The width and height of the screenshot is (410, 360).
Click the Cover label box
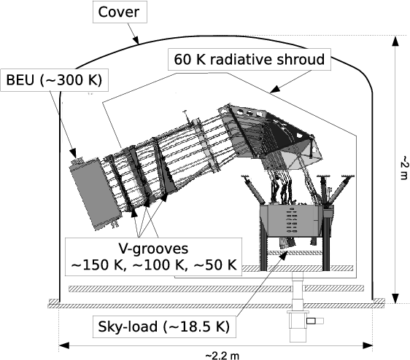click(x=120, y=12)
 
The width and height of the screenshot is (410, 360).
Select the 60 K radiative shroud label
click(x=250, y=59)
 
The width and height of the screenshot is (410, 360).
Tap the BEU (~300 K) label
click(x=54, y=80)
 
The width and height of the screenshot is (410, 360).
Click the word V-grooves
click(x=153, y=249)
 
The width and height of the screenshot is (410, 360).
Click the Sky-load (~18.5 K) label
click(x=164, y=326)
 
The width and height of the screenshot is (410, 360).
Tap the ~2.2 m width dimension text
click(x=223, y=356)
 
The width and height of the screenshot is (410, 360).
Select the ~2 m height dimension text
click(x=404, y=168)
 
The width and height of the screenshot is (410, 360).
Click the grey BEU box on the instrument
click(x=96, y=193)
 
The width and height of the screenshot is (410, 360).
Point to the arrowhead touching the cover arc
click(x=136, y=40)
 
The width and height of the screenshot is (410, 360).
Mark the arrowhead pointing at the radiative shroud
click(x=275, y=90)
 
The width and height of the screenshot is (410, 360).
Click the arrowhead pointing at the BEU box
click(x=73, y=153)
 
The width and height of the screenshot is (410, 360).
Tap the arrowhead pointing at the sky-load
click(x=283, y=255)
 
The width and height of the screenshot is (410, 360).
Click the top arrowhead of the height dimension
click(x=395, y=42)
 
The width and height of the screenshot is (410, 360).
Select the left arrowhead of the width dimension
click(x=64, y=346)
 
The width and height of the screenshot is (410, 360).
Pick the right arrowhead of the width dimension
click(x=367, y=346)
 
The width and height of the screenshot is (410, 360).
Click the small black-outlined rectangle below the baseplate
click(x=311, y=321)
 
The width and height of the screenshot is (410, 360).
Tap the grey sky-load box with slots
click(x=291, y=221)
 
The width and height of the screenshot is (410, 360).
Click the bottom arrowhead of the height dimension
click(x=395, y=298)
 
